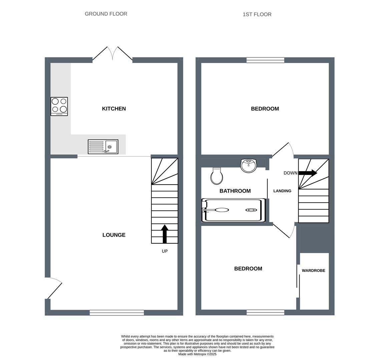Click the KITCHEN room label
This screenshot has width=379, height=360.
coord(114,109)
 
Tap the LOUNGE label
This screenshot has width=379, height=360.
coord(114,235)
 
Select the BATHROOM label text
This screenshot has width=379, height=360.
coord(235,191)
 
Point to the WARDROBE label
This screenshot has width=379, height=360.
coord(314,271)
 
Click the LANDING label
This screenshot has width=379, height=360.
coord(282,191)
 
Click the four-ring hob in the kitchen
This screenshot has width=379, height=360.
coord(59,106)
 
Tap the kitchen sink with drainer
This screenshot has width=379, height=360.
coord(103,147)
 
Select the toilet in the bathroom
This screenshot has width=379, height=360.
coord(217,176)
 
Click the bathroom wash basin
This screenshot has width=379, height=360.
coord(249,166)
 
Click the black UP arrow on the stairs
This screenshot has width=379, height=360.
coord(164,234)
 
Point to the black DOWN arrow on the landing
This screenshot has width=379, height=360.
coord(308,173)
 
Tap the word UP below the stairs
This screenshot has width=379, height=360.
coord(164,251)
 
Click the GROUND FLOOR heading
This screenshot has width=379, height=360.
coord(106,14)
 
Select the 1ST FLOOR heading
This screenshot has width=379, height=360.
coord(257,14)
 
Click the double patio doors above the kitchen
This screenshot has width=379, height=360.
coord(112,54)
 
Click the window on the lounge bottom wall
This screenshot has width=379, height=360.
coord(117,313)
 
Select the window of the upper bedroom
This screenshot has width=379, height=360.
coord(265,60)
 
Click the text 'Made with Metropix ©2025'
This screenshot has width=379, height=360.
coord(197,354)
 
